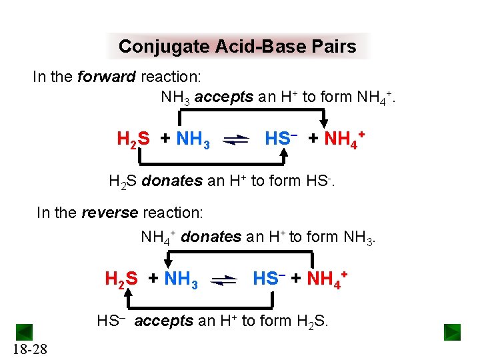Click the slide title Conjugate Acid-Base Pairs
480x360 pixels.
pyautogui.click(x=237, y=47)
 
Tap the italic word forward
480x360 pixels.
pyautogui.click(x=107, y=77)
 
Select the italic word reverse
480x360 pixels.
pyautogui.click(x=110, y=213)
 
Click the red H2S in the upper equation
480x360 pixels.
pyautogui.click(x=133, y=139)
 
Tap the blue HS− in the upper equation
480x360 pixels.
pyautogui.click(x=281, y=139)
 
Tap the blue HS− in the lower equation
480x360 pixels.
pyautogui.click(x=269, y=277)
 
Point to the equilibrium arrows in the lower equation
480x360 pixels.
pyautogui.click(x=223, y=279)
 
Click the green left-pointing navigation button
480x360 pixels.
pyautogui.click(x=24, y=332)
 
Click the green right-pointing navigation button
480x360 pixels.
pyautogui.click(x=452, y=332)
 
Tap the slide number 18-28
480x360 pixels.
pyautogui.click(x=29, y=349)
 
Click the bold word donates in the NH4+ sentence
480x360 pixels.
pyautogui.click(x=210, y=237)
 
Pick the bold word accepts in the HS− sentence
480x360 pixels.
pyautogui.click(x=163, y=321)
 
